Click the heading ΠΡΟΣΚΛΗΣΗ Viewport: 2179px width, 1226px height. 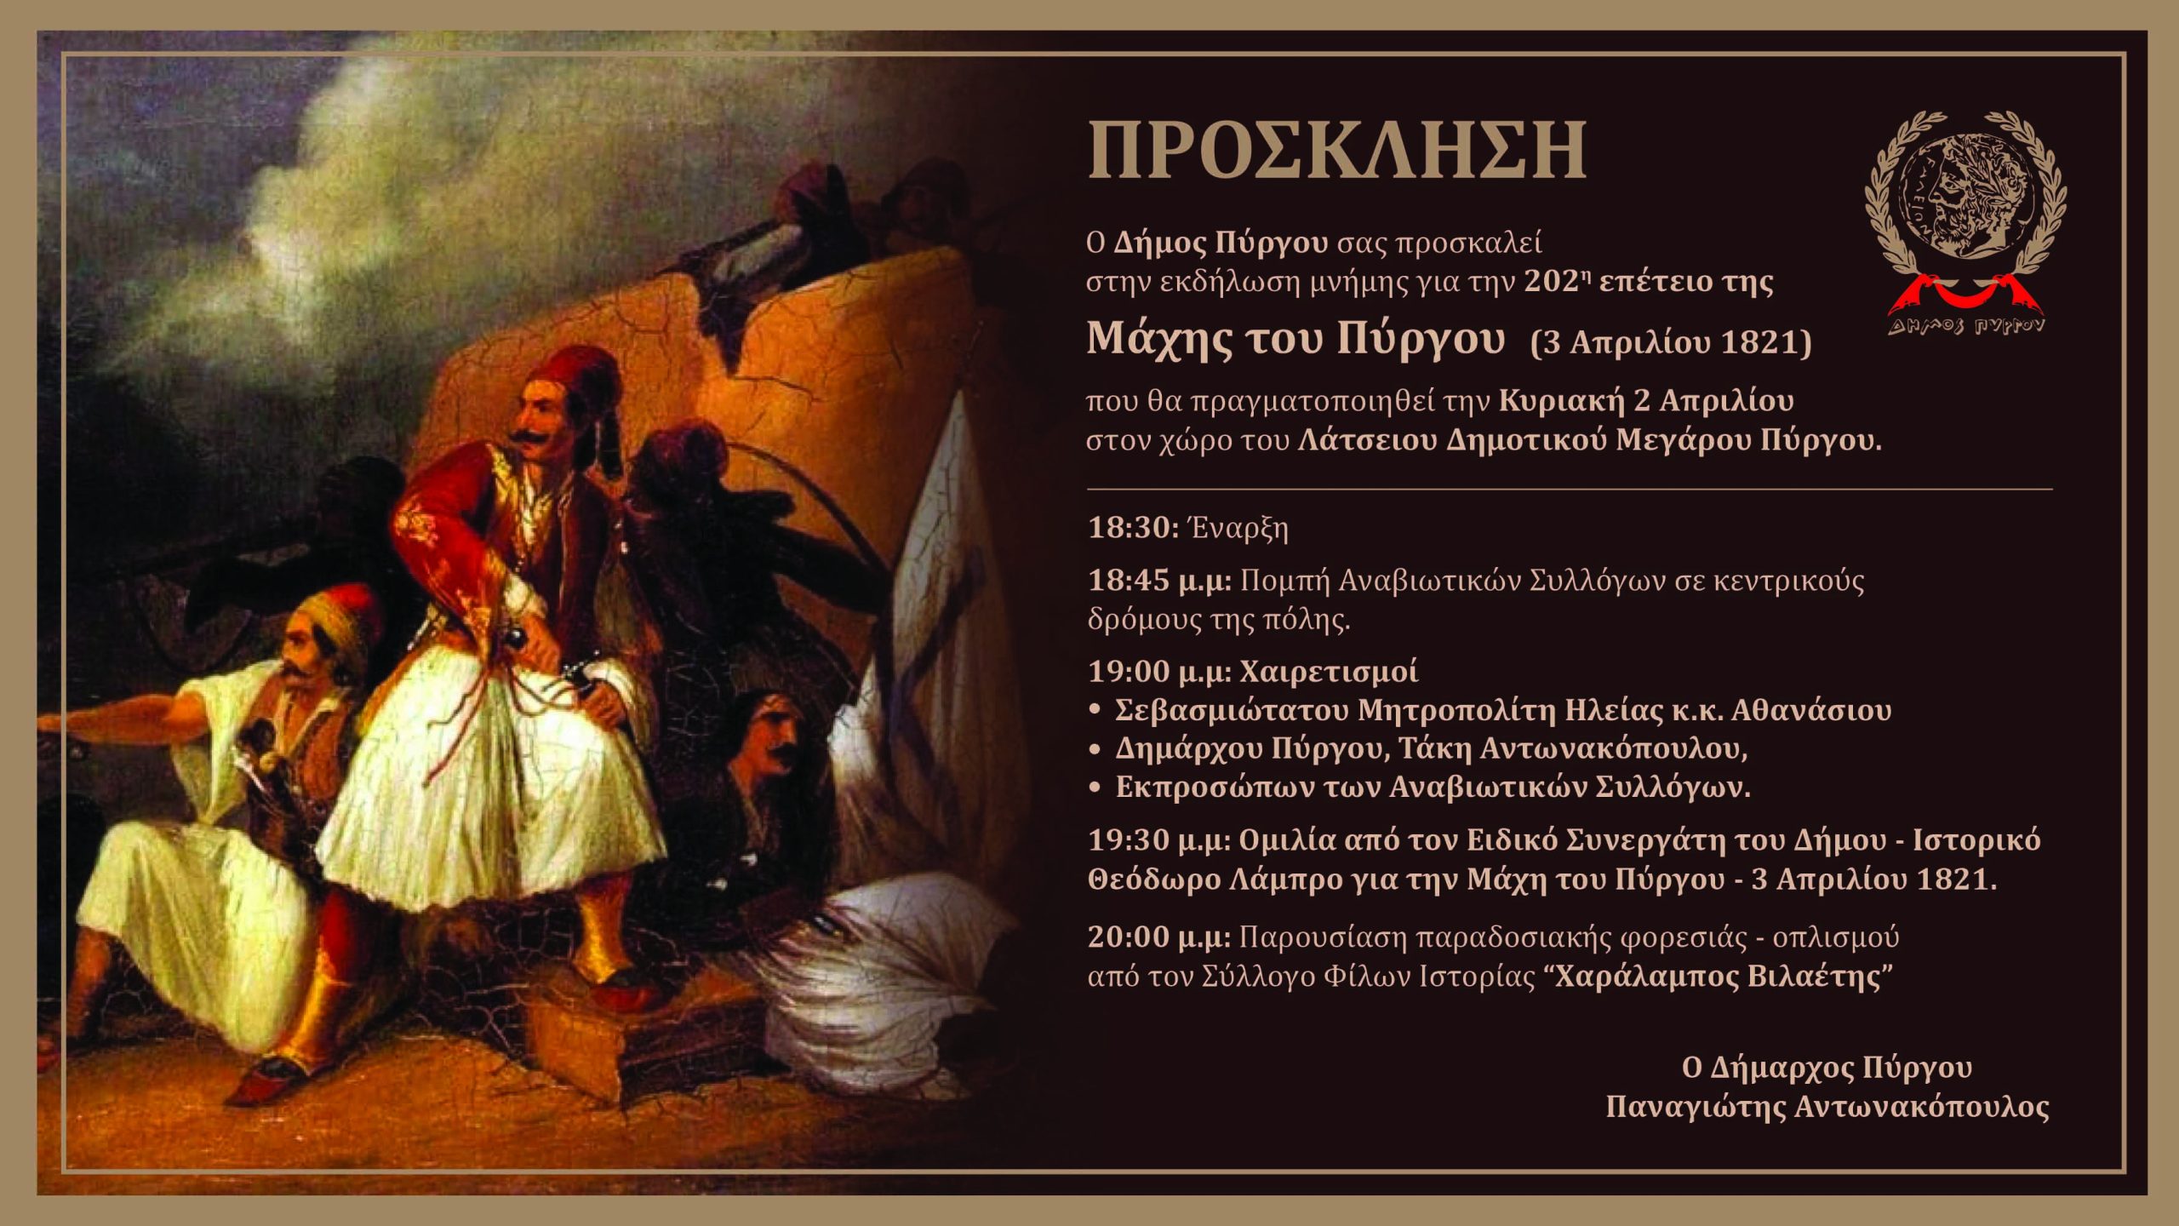[x=1336, y=150]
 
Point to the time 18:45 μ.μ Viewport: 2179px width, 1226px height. [x=1160, y=581]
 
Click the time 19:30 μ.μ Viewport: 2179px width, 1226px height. [x=1160, y=839]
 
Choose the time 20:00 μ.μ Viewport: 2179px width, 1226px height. [x=1160, y=937]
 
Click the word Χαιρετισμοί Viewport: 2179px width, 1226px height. [x=1329, y=672]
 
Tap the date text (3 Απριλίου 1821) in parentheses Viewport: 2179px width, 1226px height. [x=1671, y=342]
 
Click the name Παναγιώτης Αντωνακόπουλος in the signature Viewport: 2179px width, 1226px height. [x=1827, y=1106]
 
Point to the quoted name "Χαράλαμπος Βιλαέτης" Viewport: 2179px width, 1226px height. [x=1719, y=976]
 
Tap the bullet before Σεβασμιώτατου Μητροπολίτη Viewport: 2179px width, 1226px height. [x=1095, y=710]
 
